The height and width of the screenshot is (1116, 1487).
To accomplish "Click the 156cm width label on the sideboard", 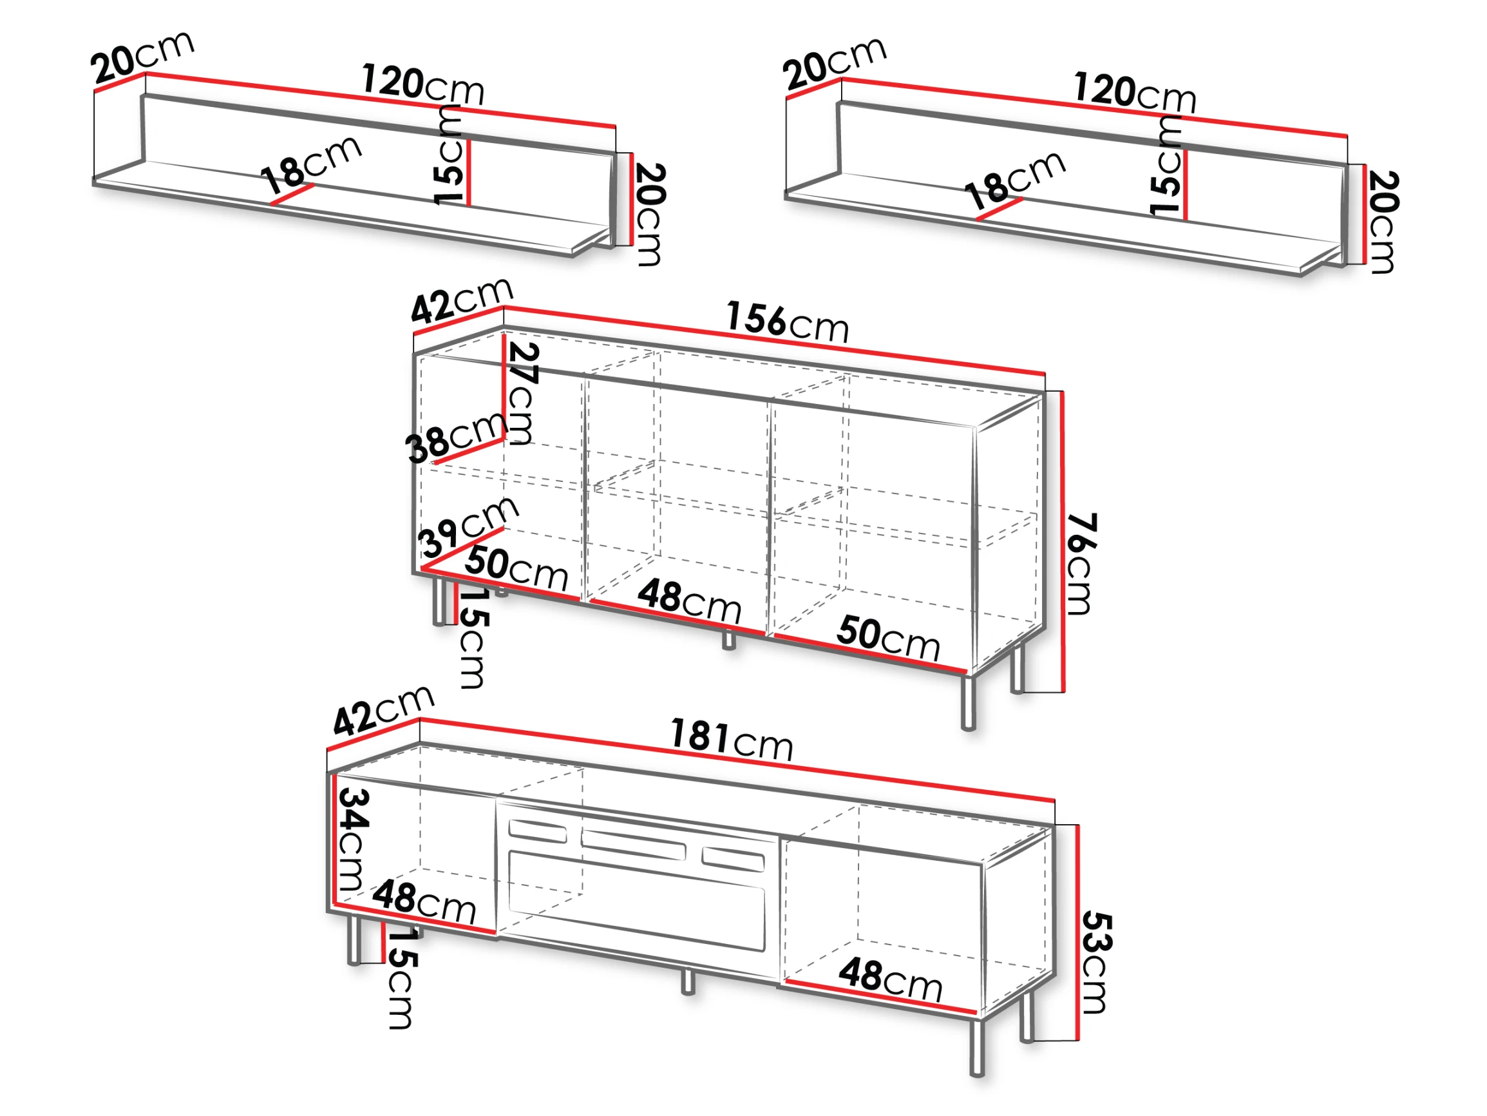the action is pyautogui.click(x=787, y=322).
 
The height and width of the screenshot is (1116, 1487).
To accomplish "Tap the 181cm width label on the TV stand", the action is pyautogui.click(x=732, y=739).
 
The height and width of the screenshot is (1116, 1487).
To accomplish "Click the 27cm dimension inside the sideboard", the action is pyautogui.click(x=522, y=394).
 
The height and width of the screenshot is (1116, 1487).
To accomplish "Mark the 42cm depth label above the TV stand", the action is pyautogui.click(x=384, y=710).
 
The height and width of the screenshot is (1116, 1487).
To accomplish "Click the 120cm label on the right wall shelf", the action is pyautogui.click(x=1135, y=92).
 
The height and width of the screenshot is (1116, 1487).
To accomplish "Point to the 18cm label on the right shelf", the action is pyautogui.click(x=1014, y=180).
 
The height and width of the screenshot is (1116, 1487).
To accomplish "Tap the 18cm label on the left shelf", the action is pyautogui.click(x=311, y=166).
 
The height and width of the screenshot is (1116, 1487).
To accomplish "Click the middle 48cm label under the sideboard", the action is pyautogui.click(x=690, y=601).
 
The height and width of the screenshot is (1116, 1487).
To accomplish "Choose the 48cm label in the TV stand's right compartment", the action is pyautogui.click(x=891, y=979).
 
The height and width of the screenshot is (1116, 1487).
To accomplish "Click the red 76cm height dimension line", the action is pyautogui.click(x=1063, y=541).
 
